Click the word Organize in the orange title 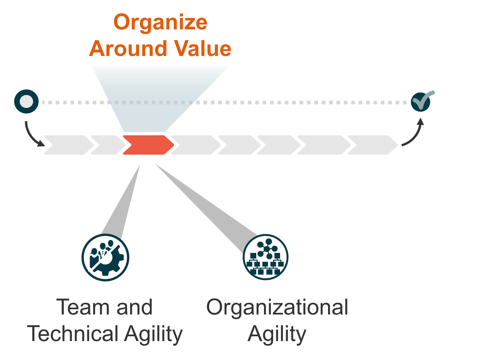point(160,23)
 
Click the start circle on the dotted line point(27,102)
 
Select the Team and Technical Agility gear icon point(105,257)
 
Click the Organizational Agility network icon point(266,257)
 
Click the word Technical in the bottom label point(73,334)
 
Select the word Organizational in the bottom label point(277,307)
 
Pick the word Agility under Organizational point(277,334)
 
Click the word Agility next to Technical point(154,334)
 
